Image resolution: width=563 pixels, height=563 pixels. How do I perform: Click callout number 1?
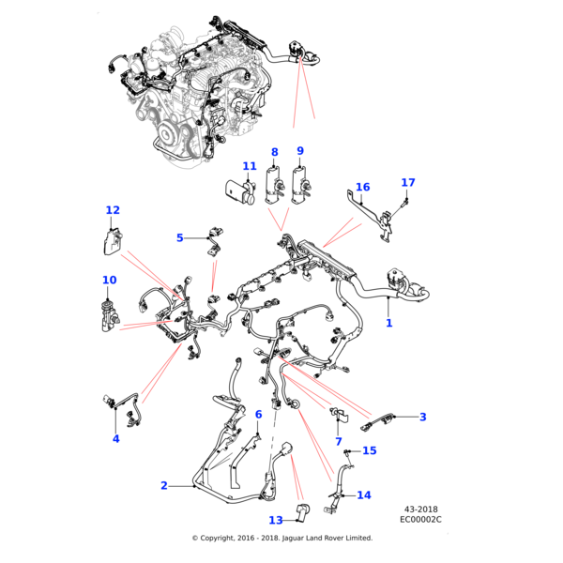[389, 323]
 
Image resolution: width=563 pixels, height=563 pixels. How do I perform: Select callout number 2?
[164, 485]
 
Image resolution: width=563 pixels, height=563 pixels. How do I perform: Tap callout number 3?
[422, 417]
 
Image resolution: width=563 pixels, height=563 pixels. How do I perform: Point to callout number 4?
[116, 438]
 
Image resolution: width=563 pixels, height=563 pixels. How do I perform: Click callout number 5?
[180, 238]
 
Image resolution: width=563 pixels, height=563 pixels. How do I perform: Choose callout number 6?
[258, 414]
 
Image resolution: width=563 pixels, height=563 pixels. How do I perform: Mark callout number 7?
[338, 441]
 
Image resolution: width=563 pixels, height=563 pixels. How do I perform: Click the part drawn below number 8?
[275, 183]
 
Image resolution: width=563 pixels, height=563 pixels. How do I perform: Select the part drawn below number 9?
[301, 183]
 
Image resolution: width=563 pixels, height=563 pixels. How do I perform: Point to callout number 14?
[364, 495]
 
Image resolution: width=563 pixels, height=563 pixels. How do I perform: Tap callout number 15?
[369, 451]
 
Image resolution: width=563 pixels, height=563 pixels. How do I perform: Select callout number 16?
[362, 187]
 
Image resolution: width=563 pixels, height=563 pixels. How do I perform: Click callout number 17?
[407, 182]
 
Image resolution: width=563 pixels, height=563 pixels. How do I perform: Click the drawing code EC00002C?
[420, 519]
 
